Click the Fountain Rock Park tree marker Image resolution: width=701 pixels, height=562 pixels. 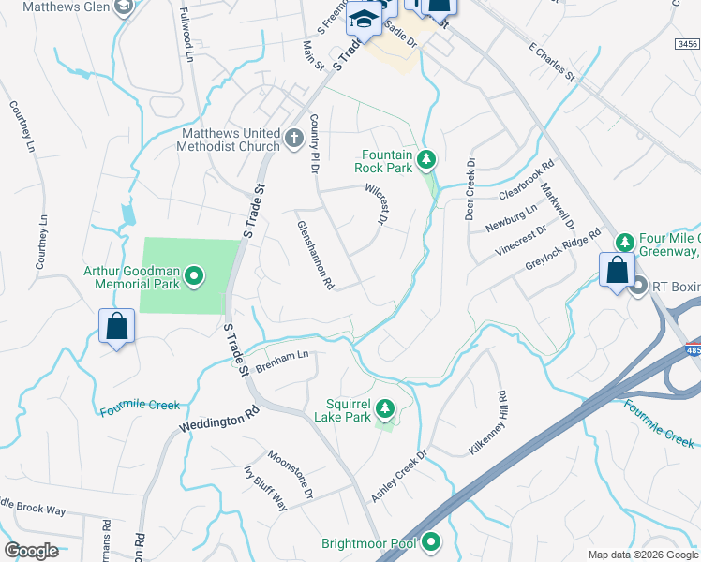click(426, 160)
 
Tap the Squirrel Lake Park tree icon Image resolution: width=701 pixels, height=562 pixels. click(384, 408)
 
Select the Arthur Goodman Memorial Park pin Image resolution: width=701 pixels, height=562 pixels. click(194, 275)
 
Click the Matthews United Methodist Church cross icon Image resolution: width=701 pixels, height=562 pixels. click(293, 139)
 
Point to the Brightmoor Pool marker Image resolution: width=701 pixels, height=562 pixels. click(431, 541)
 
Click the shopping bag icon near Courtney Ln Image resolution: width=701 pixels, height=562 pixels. click(116, 327)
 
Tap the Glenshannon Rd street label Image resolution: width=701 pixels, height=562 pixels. click(316, 254)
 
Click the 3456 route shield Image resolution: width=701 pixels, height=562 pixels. click(687, 44)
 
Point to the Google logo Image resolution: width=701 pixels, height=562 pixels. click(31, 550)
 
